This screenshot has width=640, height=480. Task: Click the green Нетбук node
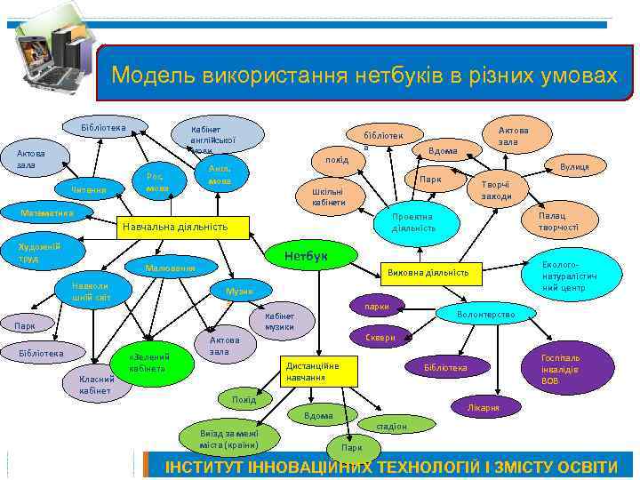(307, 256)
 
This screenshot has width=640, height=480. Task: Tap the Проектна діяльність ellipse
(414, 222)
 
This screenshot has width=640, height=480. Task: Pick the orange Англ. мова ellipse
(220, 175)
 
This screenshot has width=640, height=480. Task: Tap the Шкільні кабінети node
(323, 196)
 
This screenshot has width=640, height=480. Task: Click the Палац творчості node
(557, 221)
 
